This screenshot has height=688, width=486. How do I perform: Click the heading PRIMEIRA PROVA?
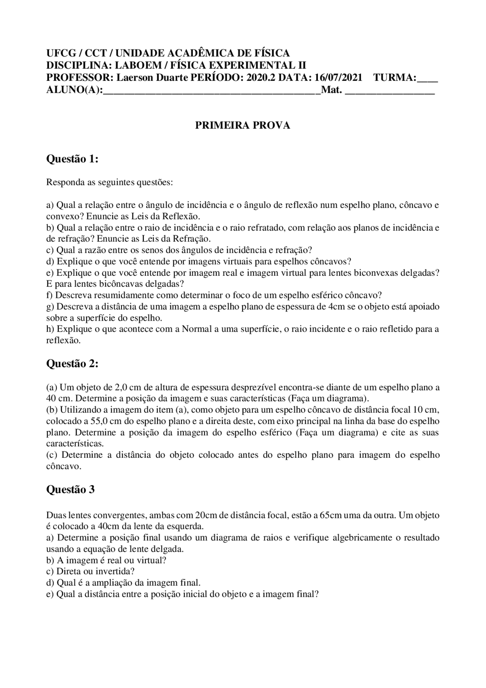[243, 125]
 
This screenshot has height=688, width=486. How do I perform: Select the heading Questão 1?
[72, 159]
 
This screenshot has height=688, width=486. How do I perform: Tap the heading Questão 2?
[72, 364]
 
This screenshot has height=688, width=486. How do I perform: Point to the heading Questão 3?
[70, 489]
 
